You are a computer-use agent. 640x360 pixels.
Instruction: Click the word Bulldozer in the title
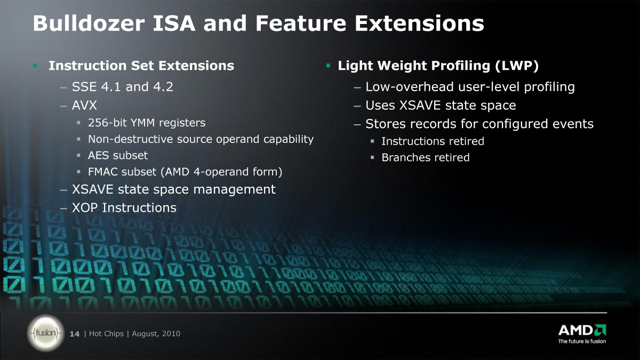tap(89, 23)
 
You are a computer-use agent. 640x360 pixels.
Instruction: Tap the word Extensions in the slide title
tap(419, 23)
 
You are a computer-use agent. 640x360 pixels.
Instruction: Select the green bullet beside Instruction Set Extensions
tap(35, 66)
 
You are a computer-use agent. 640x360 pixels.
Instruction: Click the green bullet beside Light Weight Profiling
tap(329, 66)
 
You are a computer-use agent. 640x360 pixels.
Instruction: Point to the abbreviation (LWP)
tap(517, 66)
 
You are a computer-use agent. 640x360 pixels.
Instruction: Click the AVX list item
tap(84, 105)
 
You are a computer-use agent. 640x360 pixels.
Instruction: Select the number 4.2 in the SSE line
tap(163, 86)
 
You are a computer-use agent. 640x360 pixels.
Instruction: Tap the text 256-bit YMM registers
tap(147, 123)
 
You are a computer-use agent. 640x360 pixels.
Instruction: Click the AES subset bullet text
tap(118, 155)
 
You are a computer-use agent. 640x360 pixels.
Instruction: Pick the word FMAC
tap(103, 172)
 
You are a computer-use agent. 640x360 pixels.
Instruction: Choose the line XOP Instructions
tap(124, 207)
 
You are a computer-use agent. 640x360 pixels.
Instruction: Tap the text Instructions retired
tap(433, 141)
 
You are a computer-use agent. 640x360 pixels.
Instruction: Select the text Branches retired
tap(426, 157)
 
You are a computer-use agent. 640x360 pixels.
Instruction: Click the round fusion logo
tap(46, 333)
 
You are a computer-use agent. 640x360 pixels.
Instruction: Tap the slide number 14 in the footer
tap(75, 334)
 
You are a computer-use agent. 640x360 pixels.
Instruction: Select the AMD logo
tap(582, 330)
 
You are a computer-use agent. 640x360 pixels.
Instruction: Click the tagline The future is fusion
tap(582, 341)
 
